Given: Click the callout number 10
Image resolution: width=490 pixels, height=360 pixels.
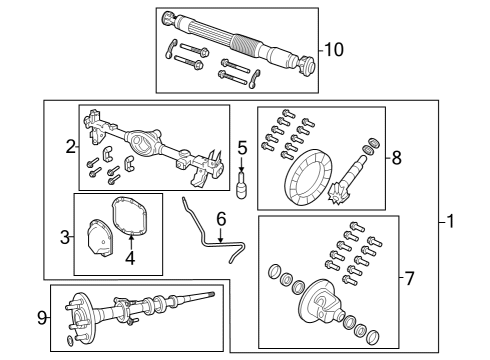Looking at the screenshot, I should click(333, 47).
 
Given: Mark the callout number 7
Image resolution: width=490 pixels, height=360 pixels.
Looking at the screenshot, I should click(409, 279).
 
